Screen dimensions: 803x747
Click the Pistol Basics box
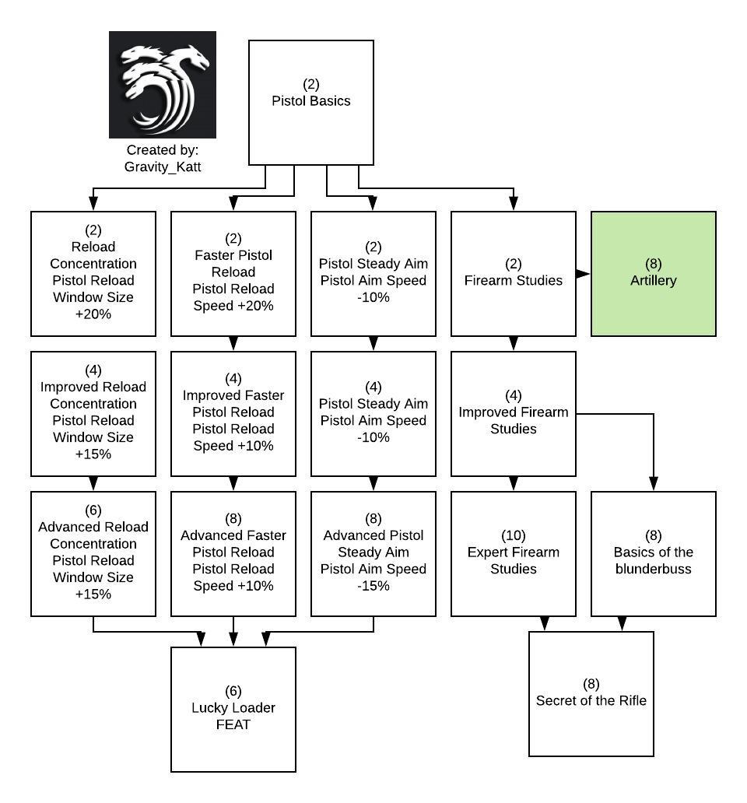tap(310, 102)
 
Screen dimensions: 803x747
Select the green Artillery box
tap(653, 273)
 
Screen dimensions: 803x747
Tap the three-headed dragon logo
tap(162, 85)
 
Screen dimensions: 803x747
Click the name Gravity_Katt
tap(162, 167)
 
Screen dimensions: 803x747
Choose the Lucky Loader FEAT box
tap(233, 709)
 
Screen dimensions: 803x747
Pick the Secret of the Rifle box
tap(591, 693)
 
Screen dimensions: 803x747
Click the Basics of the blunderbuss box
tap(653, 553)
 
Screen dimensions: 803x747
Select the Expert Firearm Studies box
tap(513, 553)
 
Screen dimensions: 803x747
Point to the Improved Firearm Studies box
tap(513, 413)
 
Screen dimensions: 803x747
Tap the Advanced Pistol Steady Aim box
tap(373, 553)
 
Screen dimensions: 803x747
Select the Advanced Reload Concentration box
tap(93, 553)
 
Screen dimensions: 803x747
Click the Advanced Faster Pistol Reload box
tap(233, 553)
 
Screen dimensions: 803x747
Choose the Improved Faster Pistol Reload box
tap(233, 413)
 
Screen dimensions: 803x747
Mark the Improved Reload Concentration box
tap(93, 413)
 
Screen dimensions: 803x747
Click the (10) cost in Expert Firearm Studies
tap(513, 536)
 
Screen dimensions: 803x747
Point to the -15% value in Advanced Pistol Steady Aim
tap(373, 586)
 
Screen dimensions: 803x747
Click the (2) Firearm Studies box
tap(513, 273)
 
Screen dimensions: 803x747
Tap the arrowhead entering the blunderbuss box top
tap(653, 485)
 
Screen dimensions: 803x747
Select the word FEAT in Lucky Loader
tap(233, 725)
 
